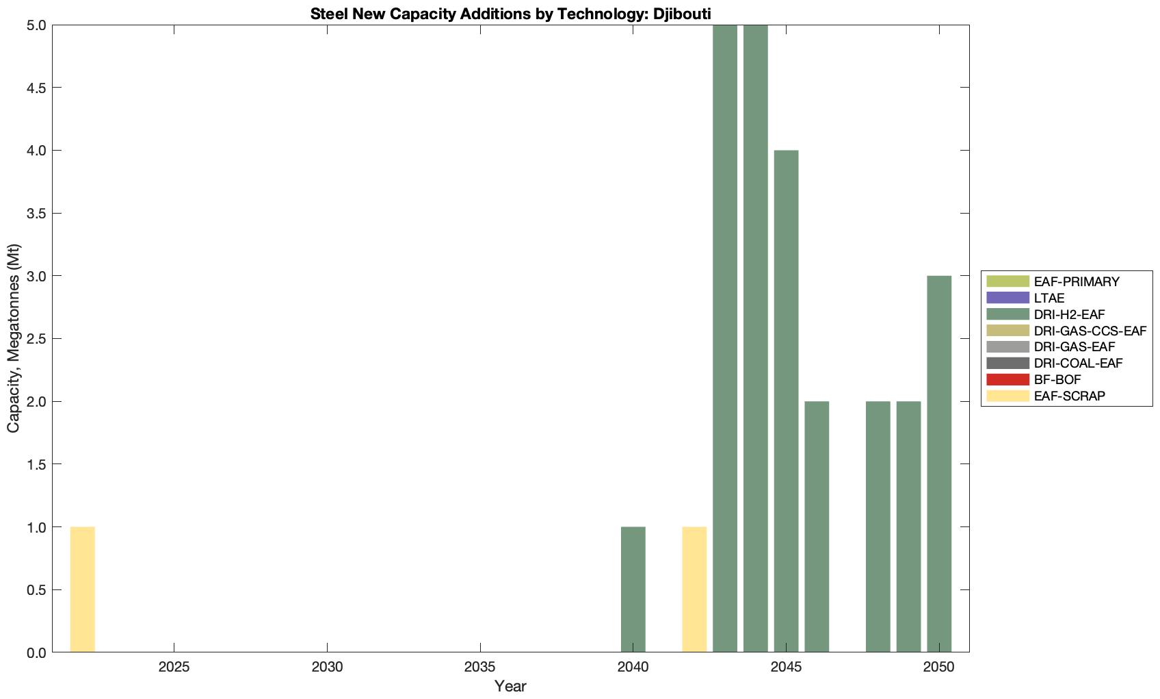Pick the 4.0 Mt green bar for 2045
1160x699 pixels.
[x=786, y=401]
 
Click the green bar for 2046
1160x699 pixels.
[x=817, y=526]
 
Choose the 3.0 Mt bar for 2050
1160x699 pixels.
[x=939, y=463]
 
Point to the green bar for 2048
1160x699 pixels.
[x=878, y=526]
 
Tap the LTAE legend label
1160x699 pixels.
[x=1049, y=298]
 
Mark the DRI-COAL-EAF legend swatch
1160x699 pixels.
[x=1007, y=363]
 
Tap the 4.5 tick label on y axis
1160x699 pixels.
[x=36, y=88]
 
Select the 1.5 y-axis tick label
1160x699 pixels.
[x=36, y=464]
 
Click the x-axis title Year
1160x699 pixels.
[x=510, y=686]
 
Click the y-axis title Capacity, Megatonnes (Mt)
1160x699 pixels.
[x=14, y=338]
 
